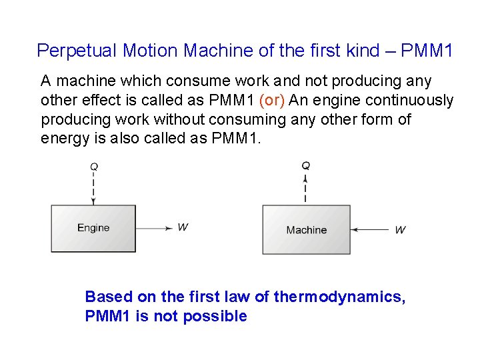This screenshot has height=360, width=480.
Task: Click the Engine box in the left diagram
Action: (93, 228)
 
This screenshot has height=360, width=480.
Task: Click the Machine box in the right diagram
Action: (306, 230)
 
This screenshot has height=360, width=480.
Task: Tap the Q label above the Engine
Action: (93, 166)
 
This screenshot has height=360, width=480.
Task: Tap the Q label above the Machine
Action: (305, 165)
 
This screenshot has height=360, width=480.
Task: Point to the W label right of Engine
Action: (183, 227)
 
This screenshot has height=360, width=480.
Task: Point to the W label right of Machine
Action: (400, 230)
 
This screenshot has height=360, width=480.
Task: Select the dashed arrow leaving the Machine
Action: (305, 189)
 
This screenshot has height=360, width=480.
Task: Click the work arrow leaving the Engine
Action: (153, 228)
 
